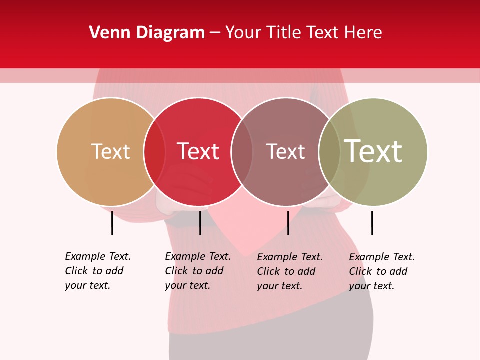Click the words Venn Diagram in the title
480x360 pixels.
point(147,33)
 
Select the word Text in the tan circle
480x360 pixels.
point(110,151)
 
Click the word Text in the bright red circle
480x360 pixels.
point(198,151)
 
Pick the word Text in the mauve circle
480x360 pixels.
point(285,151)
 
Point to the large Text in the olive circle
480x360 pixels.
point(373,151)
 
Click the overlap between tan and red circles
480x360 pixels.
point(154,151)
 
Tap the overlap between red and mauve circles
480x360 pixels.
point(242,151)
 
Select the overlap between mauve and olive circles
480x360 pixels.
point(329,151)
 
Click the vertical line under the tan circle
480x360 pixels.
point(112,223)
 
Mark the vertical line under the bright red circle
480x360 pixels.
point(200,223)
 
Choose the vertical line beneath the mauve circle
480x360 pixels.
point(288,223)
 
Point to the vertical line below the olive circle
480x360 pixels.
point(372,223)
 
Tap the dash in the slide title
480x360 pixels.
point(215,33)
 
